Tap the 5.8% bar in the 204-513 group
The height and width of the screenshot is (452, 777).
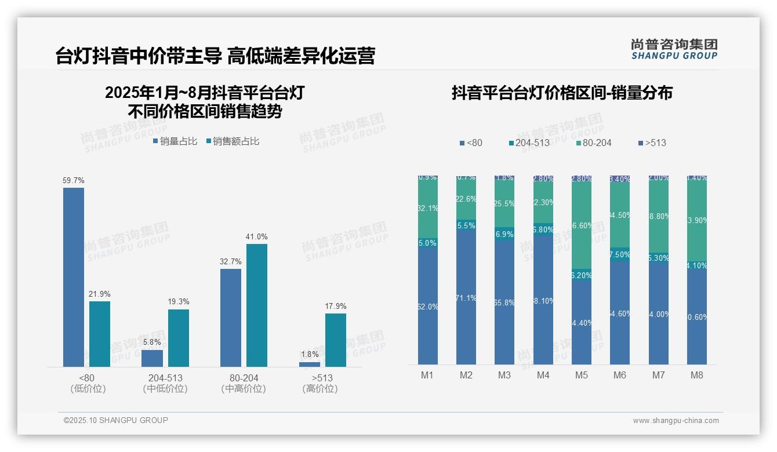click(152, 358)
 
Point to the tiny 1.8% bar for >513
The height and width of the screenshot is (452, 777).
click(310, 364)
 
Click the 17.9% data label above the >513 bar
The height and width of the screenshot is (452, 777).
click(336, 306)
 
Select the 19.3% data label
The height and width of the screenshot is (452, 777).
click(179, 302)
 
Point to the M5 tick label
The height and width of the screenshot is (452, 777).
click(582, 375)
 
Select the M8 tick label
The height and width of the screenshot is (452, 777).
click(697, 375)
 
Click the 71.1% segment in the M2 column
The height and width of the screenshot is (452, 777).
click(466, 298)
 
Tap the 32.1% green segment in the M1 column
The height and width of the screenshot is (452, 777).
click(428, 208)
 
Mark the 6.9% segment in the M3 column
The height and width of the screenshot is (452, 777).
click(504, 234)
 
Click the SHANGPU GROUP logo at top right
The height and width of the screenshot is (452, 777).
click(674, 49)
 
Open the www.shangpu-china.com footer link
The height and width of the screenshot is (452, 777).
click(676, 421)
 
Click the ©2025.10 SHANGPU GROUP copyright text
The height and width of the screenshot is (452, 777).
click(116, 420)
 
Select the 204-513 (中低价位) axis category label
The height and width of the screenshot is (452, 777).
click(165, 383)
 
